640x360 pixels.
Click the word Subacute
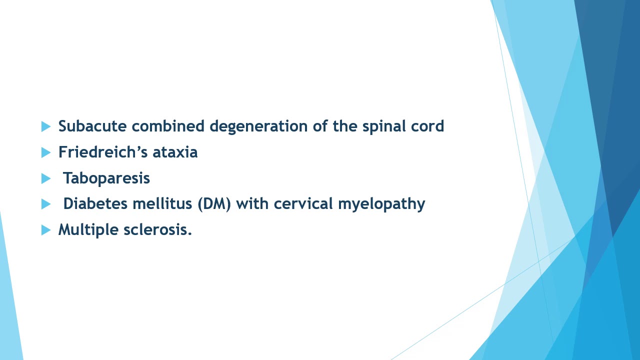tap(92, 126)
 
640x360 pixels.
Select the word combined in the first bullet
tap(168, 126)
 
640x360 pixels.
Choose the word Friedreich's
tap(103, 151)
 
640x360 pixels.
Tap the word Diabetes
tap(95, 203)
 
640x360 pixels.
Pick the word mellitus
tap(162, 203)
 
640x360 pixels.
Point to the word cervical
tap(303, 203)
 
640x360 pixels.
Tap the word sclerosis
tap(157, 229)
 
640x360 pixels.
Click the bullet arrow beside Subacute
tap(46, 126)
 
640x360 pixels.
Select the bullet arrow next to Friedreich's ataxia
tap(46, 152)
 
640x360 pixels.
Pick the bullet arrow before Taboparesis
tap(46, 178)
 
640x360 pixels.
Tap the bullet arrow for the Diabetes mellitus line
tap(46, 204)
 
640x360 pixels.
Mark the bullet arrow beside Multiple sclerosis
tap(46, 230)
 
